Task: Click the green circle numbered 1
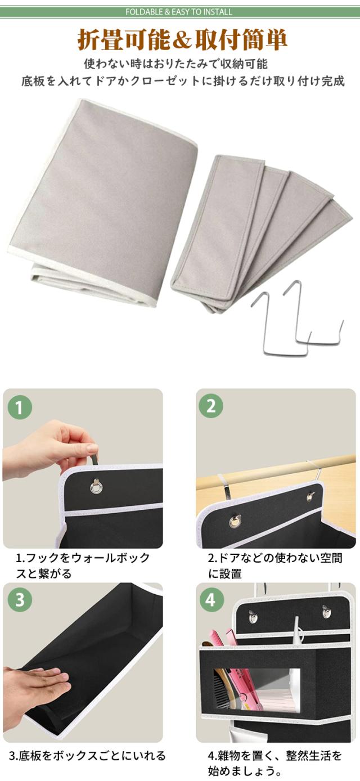click(20, 407)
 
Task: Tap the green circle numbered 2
click(211, 406)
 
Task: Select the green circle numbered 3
click(20, 600)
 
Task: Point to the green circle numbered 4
click(211, 600)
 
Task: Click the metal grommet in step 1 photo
click(96, 486)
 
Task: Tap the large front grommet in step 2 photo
click(236, 522)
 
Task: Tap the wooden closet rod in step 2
click(276, 470)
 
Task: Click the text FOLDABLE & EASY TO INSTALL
click(179, 12)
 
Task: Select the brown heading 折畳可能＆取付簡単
click(182, 40)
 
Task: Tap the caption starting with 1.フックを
click(82, 565)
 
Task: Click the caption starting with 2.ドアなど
click(275, 565)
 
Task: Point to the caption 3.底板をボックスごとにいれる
click(87, 755)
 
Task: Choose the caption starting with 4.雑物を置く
click(275, 763)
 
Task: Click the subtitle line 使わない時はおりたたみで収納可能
click(176, 64)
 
